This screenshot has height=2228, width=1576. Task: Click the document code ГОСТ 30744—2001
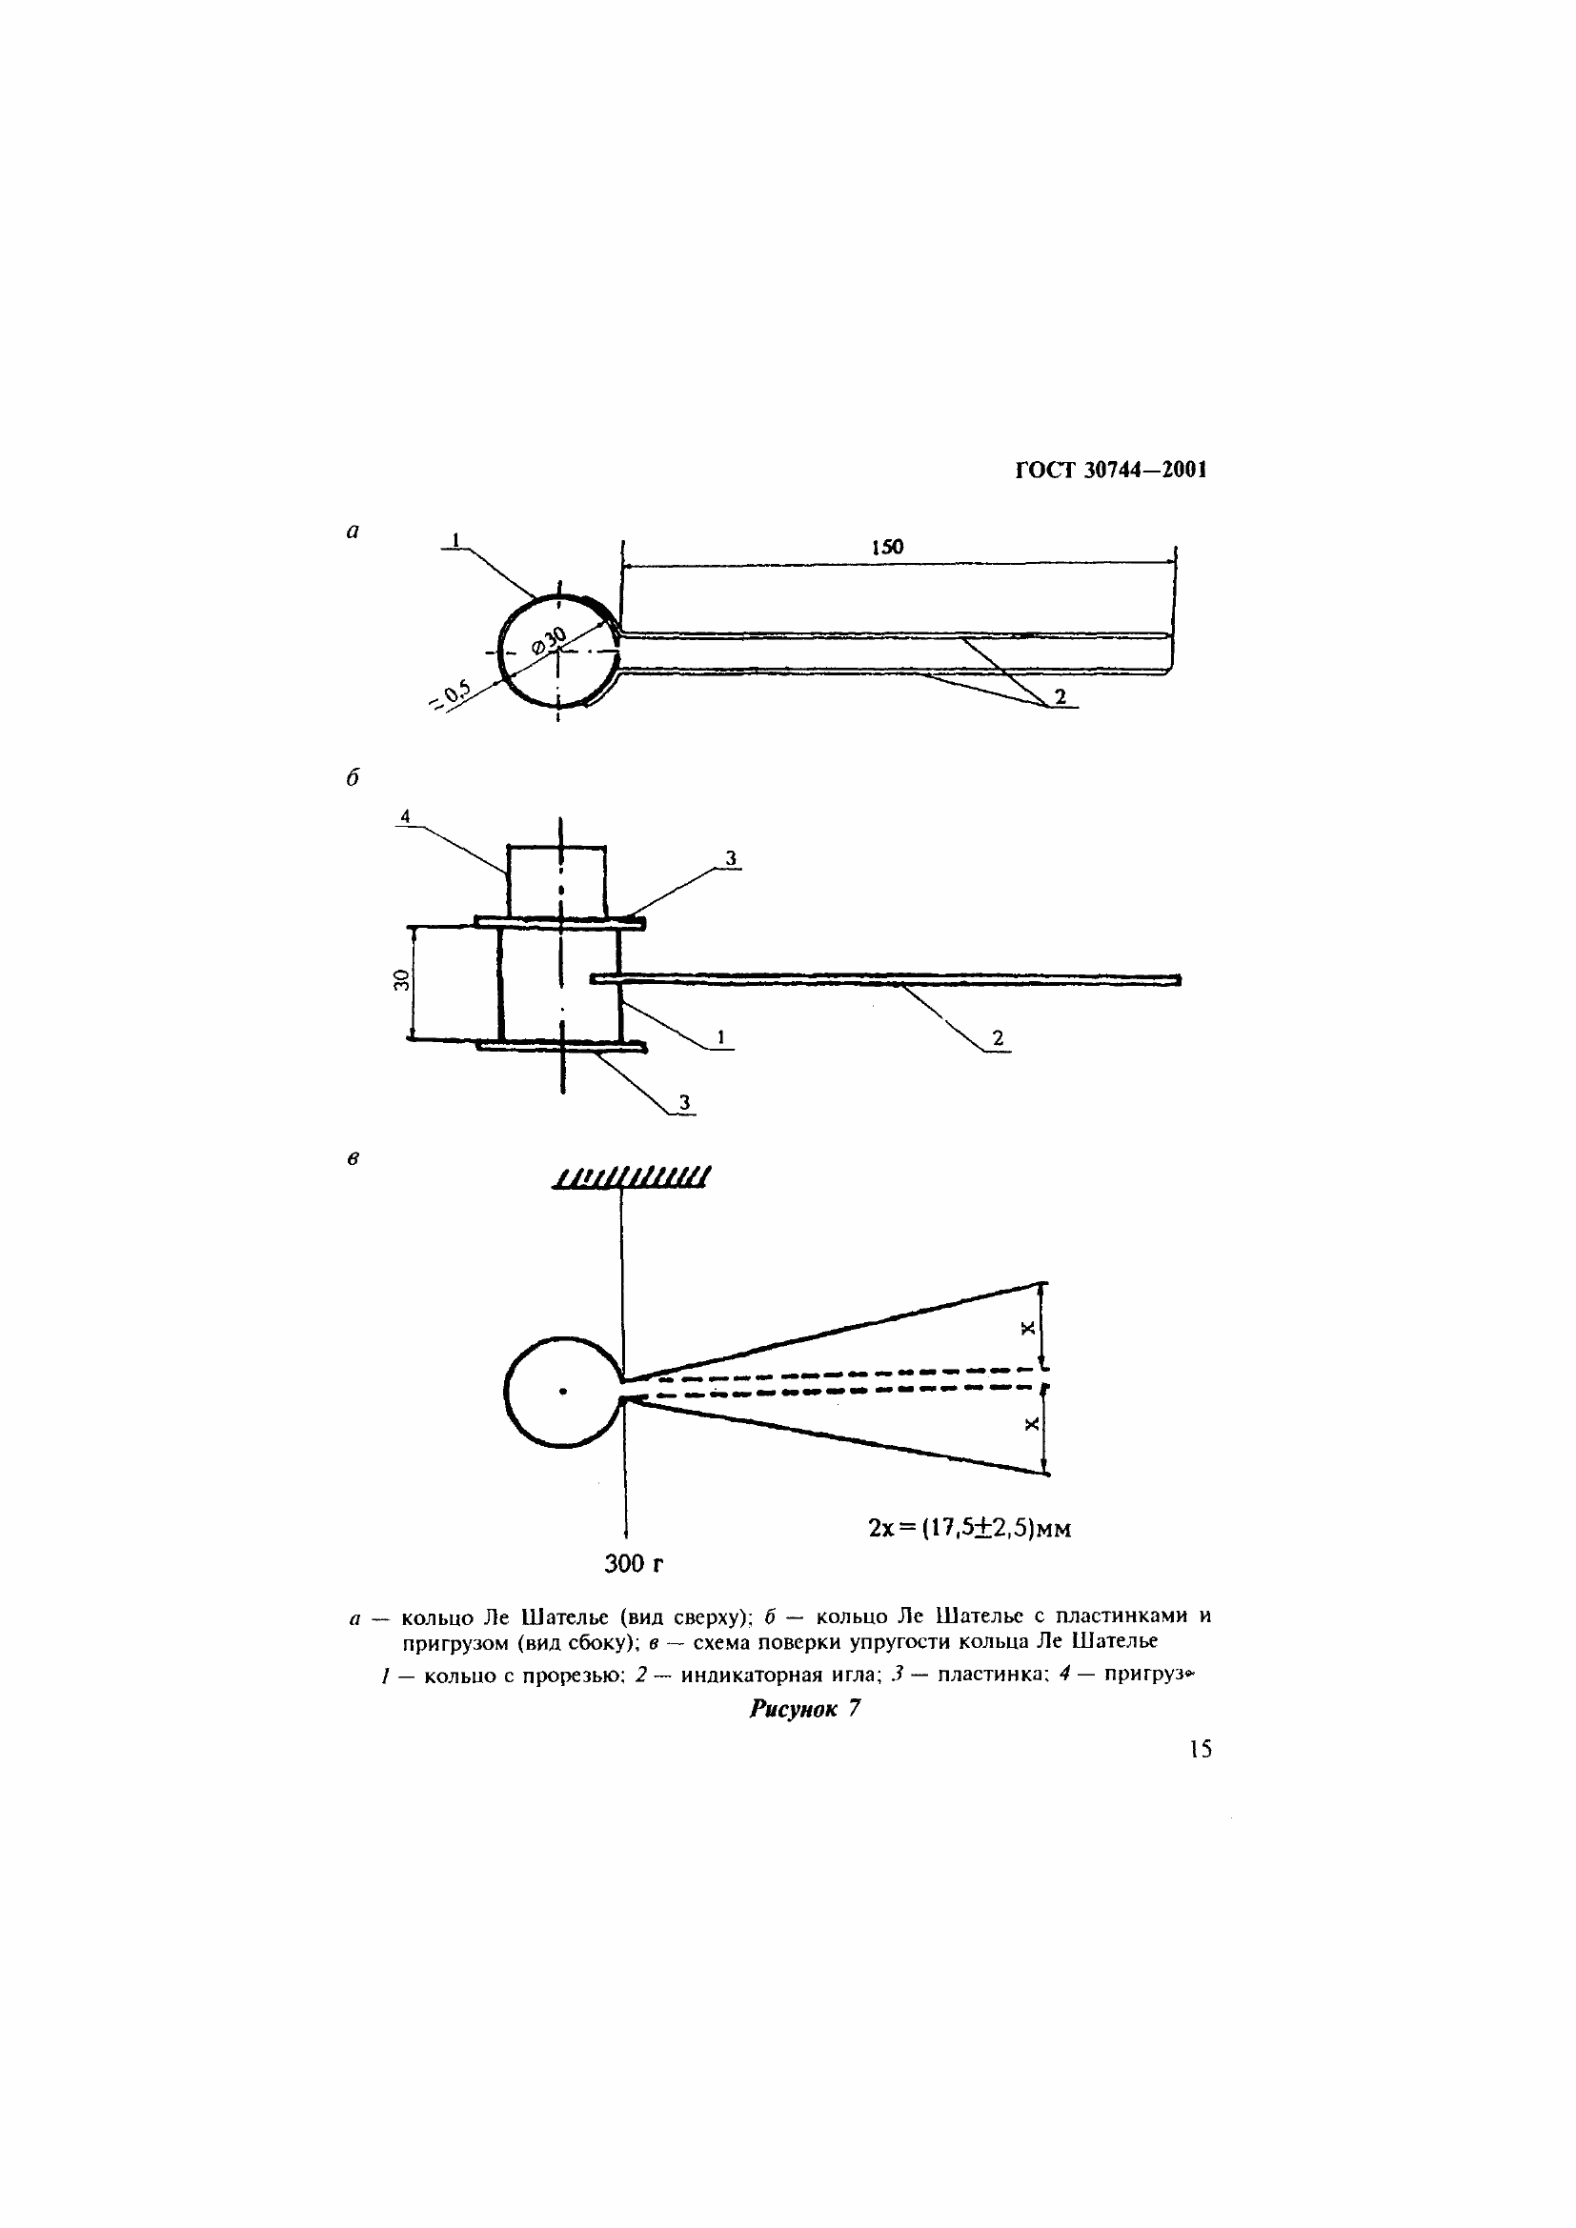1111,471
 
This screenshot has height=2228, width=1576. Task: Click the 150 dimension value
887,548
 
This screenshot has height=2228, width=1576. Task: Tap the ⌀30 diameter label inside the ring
549,642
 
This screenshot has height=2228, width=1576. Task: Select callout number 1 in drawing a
455,540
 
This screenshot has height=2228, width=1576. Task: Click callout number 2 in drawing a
1061,696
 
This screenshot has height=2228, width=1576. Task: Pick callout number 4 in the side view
406,817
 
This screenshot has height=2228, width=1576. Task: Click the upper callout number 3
731,858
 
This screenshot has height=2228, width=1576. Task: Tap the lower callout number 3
684,1102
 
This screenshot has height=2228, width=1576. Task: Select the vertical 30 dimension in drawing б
401,981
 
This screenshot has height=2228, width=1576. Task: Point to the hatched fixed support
631,1177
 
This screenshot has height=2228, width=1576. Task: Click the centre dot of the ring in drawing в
563,1393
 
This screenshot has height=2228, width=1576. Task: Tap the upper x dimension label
1029,1328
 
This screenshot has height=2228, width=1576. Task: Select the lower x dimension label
1031,1423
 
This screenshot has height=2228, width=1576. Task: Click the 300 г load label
634,1563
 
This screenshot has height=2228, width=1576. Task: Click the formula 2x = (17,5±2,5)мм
969,1528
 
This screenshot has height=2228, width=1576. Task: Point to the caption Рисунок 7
804,1709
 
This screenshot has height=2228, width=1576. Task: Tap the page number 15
1201,1749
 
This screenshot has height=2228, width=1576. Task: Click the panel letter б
353,778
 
